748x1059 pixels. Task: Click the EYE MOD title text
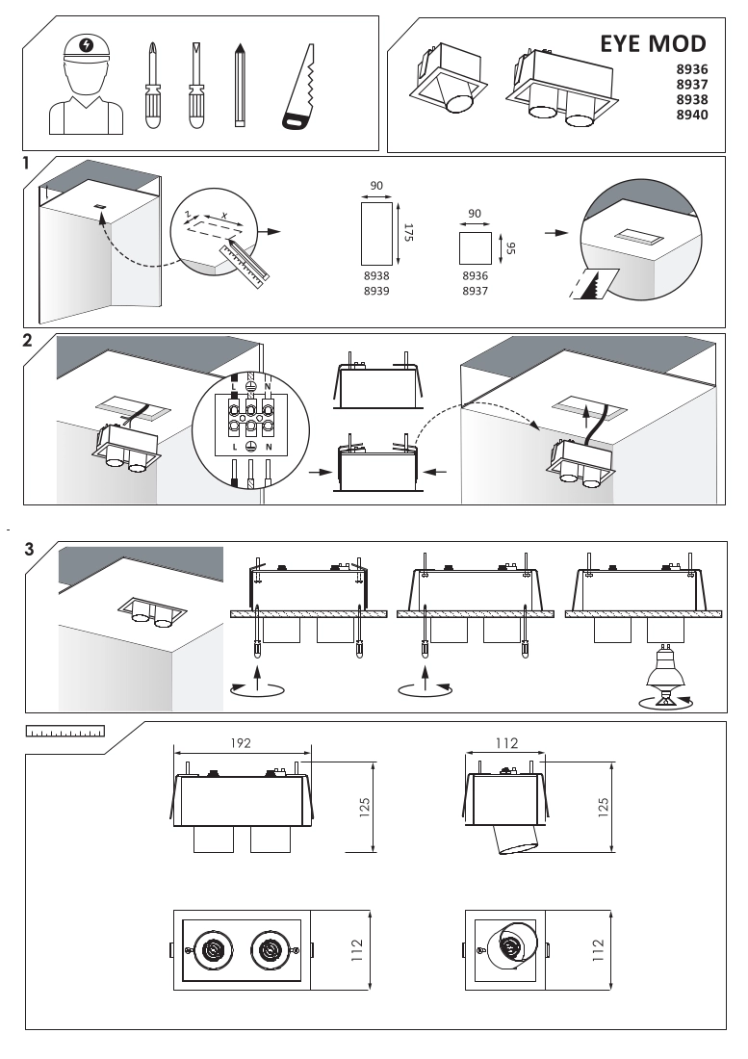653,44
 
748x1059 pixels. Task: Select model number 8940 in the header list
692,115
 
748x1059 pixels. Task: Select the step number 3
29,550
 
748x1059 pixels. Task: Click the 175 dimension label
407,233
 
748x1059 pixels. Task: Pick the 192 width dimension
241,744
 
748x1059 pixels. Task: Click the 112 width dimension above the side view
507,743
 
